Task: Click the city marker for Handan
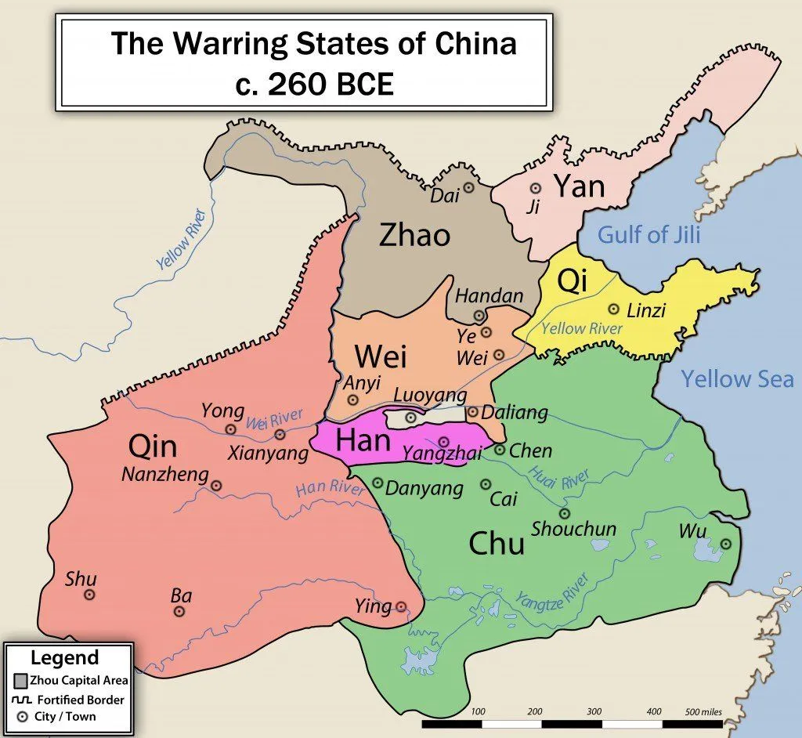tap(479, 316)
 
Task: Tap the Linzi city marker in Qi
tap(614, 309)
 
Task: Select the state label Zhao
tap(414, 234)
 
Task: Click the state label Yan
tap(580, 186)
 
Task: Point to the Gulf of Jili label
tap(648, 234)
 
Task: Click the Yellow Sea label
tap(736, 379)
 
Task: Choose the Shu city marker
tap(89, 595)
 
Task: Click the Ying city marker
tap(401, 606)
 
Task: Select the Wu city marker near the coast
tap(725, 544)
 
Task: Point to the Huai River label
tap(558, 479)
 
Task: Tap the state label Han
tap(363, 440)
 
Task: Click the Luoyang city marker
tap(410, 418)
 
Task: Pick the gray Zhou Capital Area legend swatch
tap(21, 680)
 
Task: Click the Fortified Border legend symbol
tap(21, 700)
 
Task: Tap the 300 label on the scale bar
tap(594, 712)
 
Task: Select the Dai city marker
tap(469, 187)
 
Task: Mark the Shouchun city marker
tap(565, 513)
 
